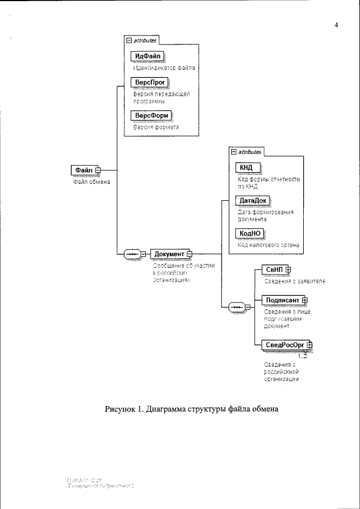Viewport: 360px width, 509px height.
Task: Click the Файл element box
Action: (83, 169)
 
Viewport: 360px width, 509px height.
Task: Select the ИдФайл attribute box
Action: (146, 56)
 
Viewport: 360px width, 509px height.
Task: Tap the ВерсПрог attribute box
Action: (147, 82)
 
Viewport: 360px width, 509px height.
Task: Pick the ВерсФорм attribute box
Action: (149, 116)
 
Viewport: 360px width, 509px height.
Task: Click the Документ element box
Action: (169, 254)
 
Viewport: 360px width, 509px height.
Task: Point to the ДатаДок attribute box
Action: (251, 200)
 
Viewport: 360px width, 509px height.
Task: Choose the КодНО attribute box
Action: (249, 233)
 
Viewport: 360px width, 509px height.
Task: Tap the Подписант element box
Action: (282, 300)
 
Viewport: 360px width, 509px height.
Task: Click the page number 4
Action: (336, 25)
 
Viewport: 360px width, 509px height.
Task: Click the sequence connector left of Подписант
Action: (237, 307)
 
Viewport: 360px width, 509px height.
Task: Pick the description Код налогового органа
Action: (267, 245)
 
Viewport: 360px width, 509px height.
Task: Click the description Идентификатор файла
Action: (164, 67)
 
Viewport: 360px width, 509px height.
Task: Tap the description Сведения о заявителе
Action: (294, 281)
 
